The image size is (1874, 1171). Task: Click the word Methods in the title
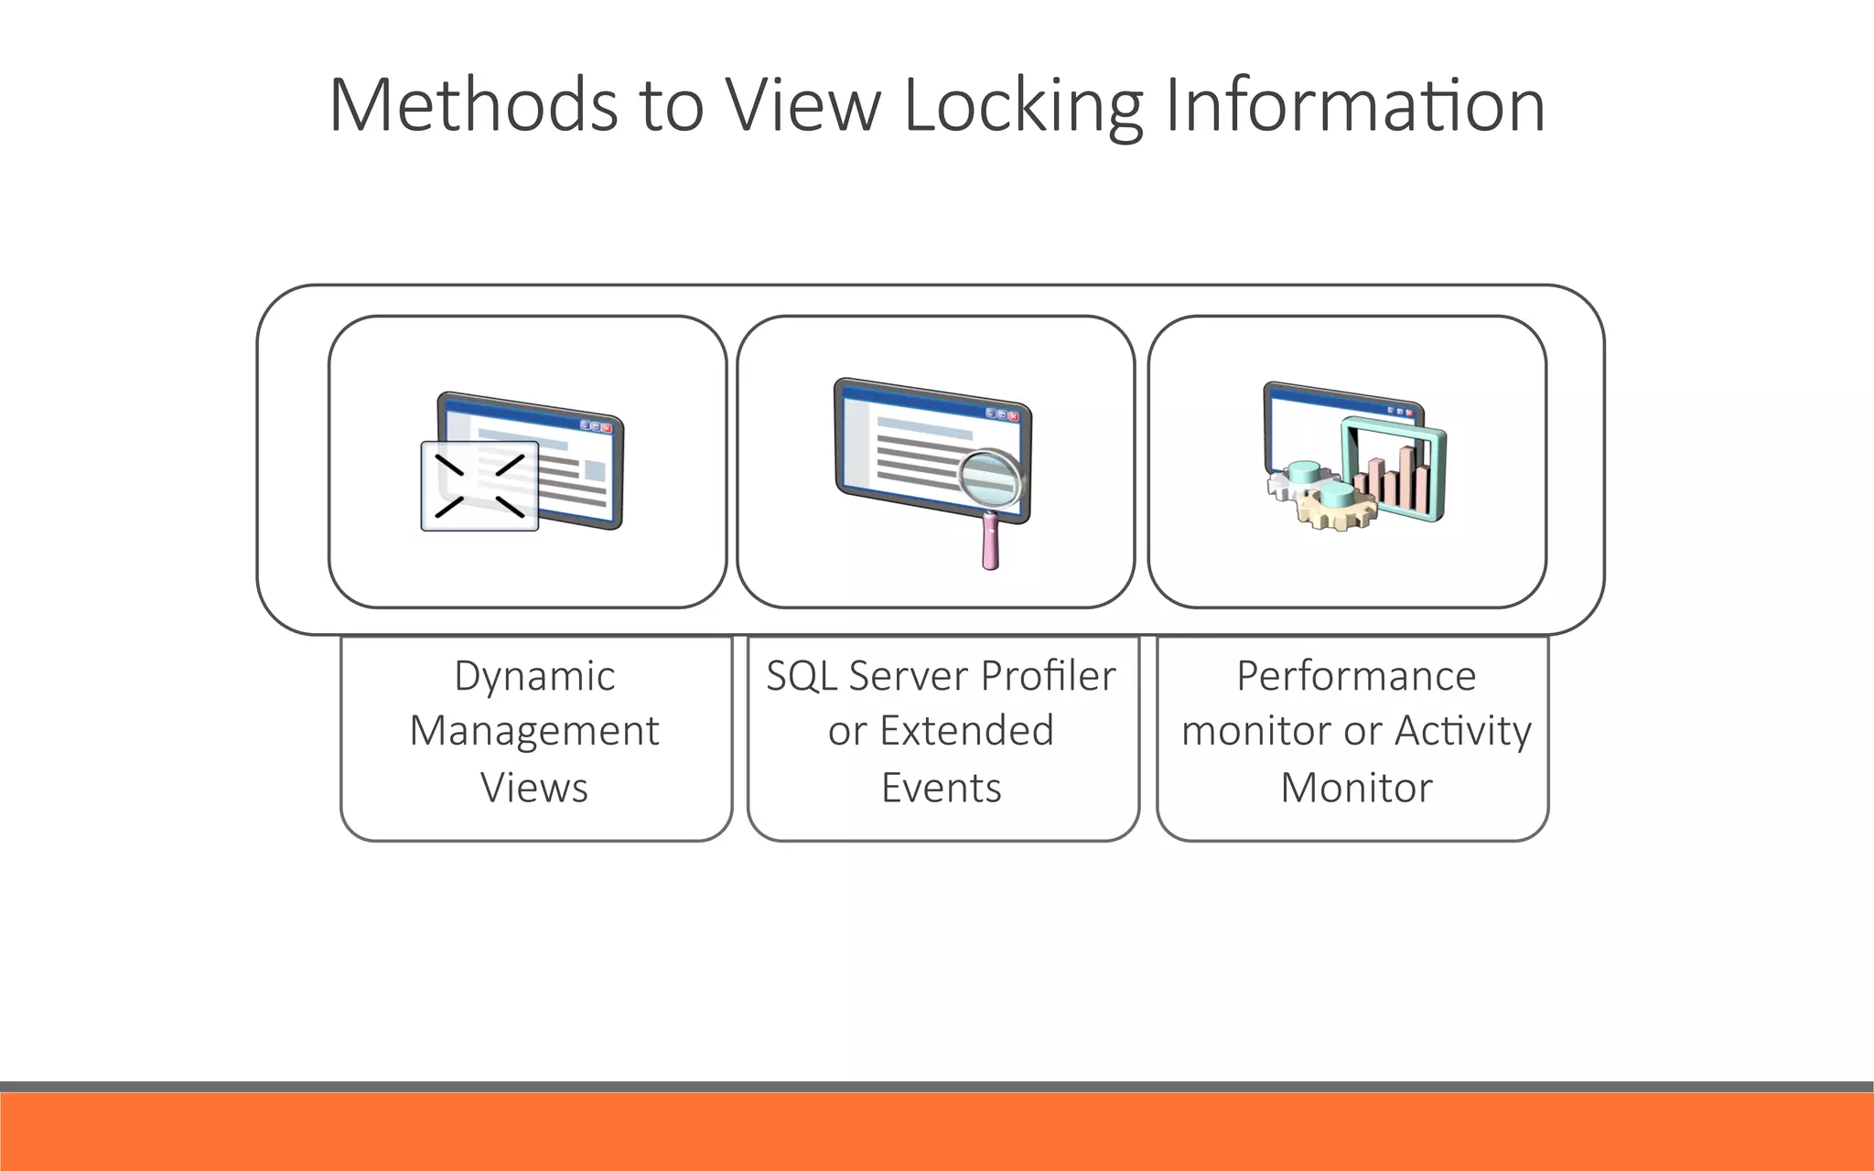tap(473, 105)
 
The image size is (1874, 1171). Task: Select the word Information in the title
tap(1354, 105)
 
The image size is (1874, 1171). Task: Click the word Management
tap(534, 732)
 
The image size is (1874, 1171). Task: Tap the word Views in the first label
tap(534, 788)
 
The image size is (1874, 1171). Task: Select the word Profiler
tap(1048, 677)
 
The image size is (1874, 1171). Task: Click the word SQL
tap(802, 677)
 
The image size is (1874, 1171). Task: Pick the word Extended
tap(966, 731)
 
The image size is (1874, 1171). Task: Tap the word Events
tap(942, 788)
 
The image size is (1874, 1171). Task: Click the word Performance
tap(1356, 677)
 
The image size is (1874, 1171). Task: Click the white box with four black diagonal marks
tap(479, 486)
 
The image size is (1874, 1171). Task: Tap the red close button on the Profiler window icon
tap(1013, 416)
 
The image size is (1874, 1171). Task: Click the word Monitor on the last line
tap(1356, 788)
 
